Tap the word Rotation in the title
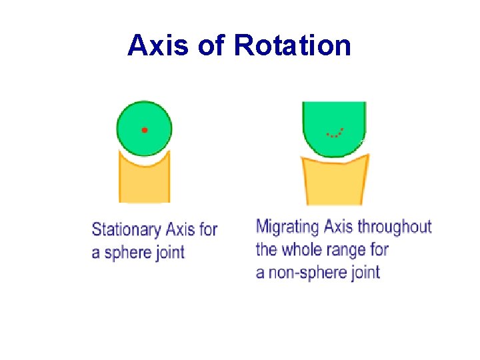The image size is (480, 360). click(293, 45)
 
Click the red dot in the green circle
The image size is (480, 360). click(145, 129)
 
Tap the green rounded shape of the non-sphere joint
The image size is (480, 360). click(334, 120)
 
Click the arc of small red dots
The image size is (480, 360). click(335, 133)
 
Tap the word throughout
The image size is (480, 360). click(395, 227)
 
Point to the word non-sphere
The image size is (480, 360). click(303, 273)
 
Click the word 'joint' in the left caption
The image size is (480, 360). click(171, 253)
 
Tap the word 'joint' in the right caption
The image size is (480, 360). click(365, 273)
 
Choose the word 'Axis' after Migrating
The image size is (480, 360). click(339, 227)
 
